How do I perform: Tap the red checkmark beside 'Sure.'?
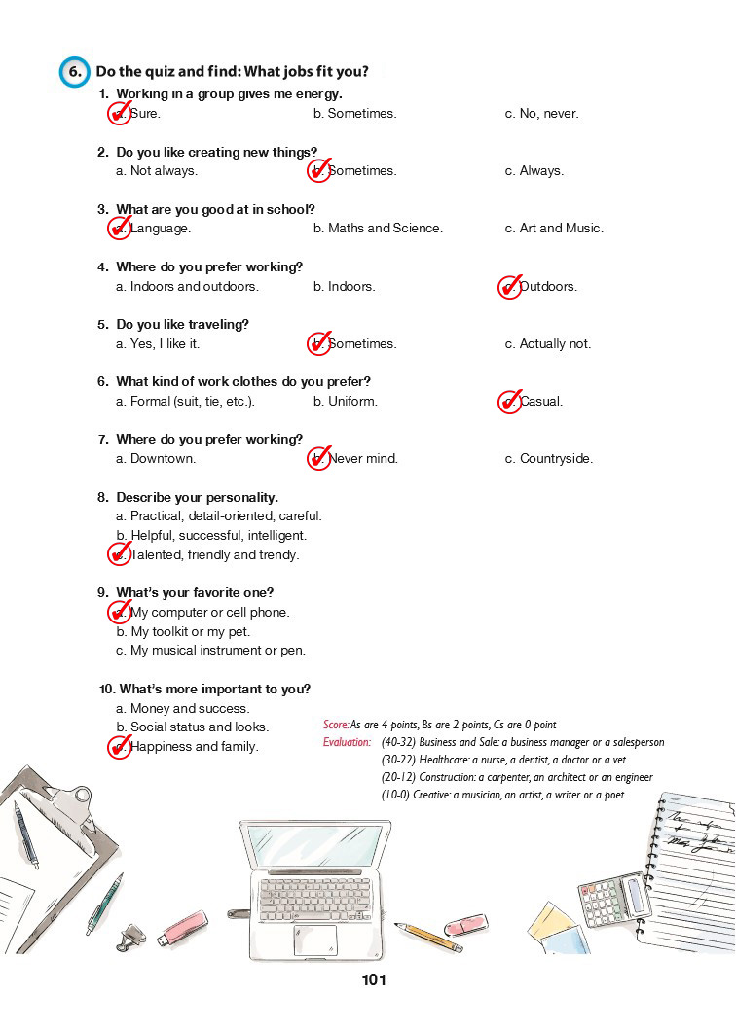click(x=118, y=114)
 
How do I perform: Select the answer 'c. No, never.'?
click(x=541, y=114)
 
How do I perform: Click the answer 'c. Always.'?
click(x=534, y=171)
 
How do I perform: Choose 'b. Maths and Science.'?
click(x=378, y=229)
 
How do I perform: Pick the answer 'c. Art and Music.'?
click(x=554, y=229)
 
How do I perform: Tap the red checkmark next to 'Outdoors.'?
click(x=509, y=286)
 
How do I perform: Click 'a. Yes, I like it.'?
click(x=158, y=344)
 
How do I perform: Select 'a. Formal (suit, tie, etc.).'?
click(x=185, y=402)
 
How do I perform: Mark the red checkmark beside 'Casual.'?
click(x=509, y=402)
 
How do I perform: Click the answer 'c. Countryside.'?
click(x=548, y=459)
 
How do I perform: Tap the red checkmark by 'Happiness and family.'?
click(x=118, y=747)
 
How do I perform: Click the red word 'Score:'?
click(x=336, y=726)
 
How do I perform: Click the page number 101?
click(x=374, y=980)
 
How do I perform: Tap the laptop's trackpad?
click(x=315, y=940)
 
